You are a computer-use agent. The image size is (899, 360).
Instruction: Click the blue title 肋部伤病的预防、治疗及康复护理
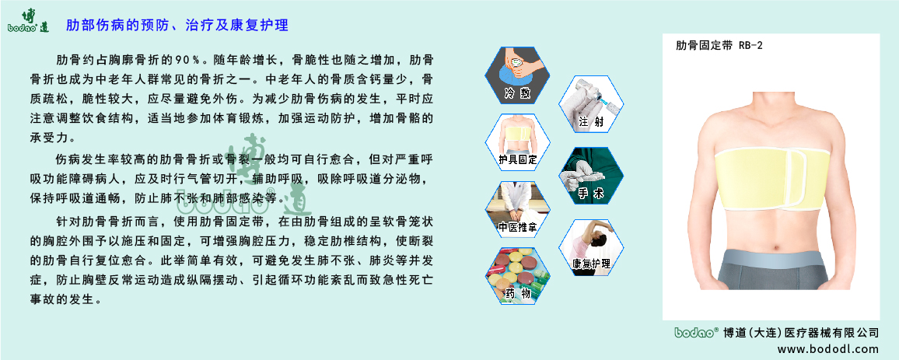177,26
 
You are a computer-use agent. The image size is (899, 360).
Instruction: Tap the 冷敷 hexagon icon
516,75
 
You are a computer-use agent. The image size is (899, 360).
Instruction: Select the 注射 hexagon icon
590,104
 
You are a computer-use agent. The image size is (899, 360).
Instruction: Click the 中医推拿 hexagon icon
517,209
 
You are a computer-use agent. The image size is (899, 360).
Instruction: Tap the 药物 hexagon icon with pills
517,275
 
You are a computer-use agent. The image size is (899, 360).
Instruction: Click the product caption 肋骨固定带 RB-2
719,46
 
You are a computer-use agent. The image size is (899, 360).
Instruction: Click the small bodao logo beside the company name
694,332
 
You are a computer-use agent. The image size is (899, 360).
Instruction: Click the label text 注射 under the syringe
591,122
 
